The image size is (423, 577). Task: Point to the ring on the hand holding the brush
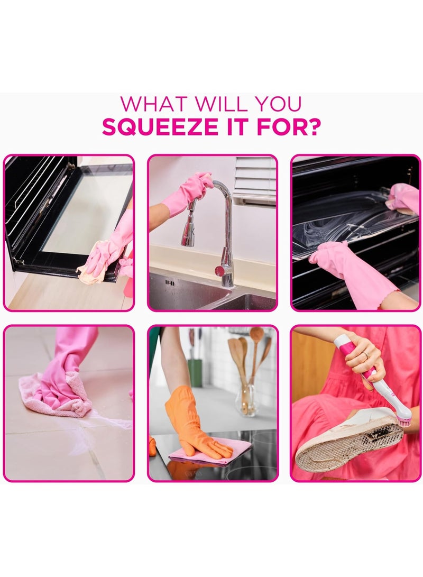(364, 354)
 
